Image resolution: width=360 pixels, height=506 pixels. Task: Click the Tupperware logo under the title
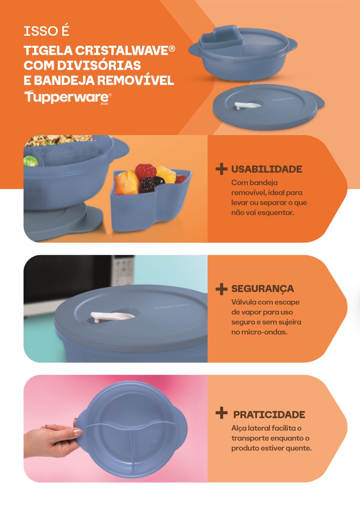pyautogui.click(x=68, y=97)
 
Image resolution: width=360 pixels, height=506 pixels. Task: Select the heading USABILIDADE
pyautogui.click(x=267, y=169)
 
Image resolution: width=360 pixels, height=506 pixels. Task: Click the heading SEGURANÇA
pyautogui.click(x=262, y=289)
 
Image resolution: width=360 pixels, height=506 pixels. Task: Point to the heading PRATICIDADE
pyautogui.click(x=269, y=415)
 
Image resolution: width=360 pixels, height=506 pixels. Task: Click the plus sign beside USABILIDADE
pyautogui.click(x=221, y=169)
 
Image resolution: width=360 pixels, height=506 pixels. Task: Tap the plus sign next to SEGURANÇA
pyautogui.click(x=221, y=289)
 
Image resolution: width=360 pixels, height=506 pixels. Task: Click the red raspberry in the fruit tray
pyautogui.click(x=146, y=171)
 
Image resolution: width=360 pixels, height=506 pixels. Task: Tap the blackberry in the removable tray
pyautogui.click(x=147, y=185)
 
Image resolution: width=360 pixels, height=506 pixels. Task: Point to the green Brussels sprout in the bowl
pyautogui.click(x=31, y=161)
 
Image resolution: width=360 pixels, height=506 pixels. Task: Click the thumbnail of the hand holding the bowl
pyautogui.click(x=115, y=429)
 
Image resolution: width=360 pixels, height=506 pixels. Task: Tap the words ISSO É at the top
pyautogui.click(x=47, y=31)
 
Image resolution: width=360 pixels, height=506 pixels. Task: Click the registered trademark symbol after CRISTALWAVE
pyautogui.click(x=172, y=49)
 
